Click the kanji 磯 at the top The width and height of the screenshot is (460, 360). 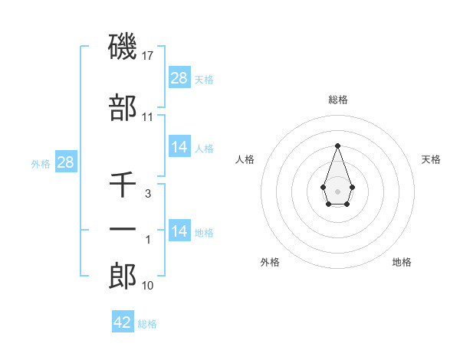coord(123,47)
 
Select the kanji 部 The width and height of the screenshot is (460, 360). coord(123,109)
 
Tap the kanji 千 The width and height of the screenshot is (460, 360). coord(123,185)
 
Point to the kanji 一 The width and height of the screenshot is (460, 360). coord(123,231)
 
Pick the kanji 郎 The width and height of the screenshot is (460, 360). coord(123,276)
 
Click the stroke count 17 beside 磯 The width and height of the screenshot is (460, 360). coord(149,56)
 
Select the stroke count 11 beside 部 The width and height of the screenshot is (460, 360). coord(148,117)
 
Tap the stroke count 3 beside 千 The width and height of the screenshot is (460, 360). coord(148,194)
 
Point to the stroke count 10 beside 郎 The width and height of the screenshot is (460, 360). coord(148,286)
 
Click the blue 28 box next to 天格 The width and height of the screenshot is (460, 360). coord(179,78)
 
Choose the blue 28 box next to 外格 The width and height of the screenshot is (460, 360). coord(65,162)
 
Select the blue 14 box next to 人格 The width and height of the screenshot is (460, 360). coord(179,147)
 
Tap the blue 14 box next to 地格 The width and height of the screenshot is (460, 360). coord(179,231)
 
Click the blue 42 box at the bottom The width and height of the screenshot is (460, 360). coord(123,322)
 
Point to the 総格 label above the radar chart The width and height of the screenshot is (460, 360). coord(338,100)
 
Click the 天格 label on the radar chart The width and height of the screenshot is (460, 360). coord(432,159)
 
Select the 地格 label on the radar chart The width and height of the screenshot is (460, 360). coord(402,262)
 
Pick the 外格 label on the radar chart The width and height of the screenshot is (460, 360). coord(270,262)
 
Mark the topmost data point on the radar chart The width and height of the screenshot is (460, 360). coord(337,145)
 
